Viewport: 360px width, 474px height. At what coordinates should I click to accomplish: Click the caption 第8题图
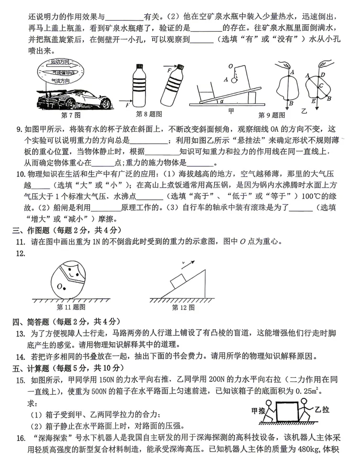(149, 114)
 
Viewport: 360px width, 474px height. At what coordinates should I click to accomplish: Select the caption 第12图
(183, 307)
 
